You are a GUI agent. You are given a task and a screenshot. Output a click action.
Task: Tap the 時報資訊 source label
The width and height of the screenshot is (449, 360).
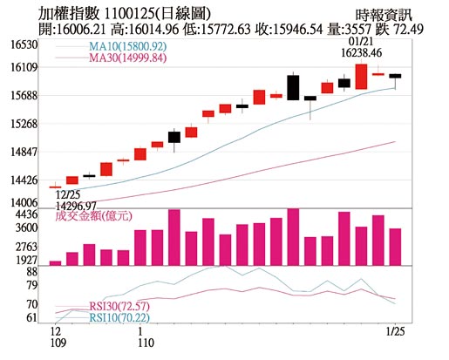click(x=384, y=14)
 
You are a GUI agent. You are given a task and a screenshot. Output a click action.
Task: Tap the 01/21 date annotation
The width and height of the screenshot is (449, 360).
click(x=359, y=41)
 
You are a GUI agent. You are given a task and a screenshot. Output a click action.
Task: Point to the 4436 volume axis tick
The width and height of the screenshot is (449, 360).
click(x=24, y=214)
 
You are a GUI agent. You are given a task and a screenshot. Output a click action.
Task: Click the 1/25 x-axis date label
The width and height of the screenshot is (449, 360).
click(x=396, y=331)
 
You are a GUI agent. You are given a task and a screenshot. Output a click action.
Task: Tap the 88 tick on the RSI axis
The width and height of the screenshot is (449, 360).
click(x=31, y=272)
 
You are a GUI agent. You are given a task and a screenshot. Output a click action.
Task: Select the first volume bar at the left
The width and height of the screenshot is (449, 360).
click(x=55, y=262)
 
